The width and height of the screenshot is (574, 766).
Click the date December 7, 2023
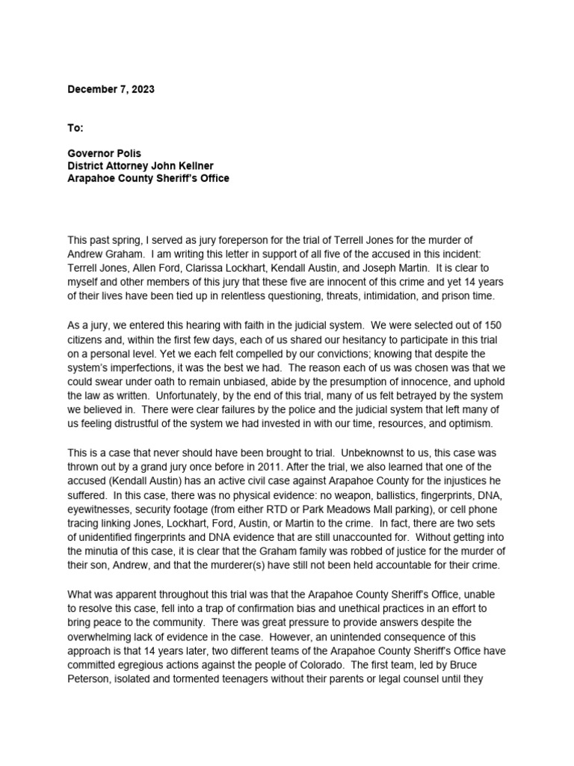pyautogui.click(x=111, y=89)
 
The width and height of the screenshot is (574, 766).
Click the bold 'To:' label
pyautogui.click(x=76, y=128)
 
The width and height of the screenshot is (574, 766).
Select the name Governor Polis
pyautogui.click(x=104, y=153)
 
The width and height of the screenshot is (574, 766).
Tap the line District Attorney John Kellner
pyautogui.click(x=146, y=166)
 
